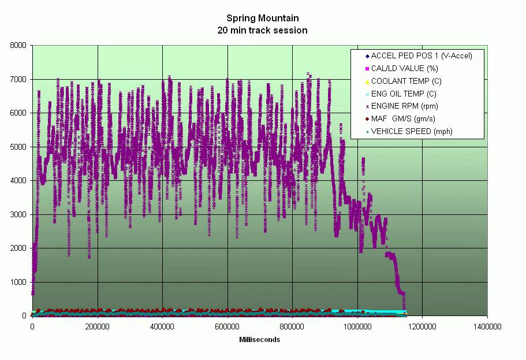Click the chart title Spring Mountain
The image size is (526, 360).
pyautogui.click(x=263, y=18)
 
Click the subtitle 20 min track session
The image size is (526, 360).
pyautogui.click(x=263, y=29)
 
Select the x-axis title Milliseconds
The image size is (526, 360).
pyautogui.click(x=260, y=340)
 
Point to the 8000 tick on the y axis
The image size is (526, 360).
pyautogui.click(x=19, y=46)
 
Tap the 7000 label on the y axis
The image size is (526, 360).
pyautogui.click(x=19, y=79)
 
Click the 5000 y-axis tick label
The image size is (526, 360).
pyautogui.click(x=19, y=147)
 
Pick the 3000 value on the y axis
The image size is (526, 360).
pyautogui.click(x=19, y=214)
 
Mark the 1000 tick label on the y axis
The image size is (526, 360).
pyautogui.click(x=19, y=282)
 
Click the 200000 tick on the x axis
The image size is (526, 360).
pyautogui.click(x=97, y=326)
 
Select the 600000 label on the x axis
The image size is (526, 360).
pyautogui.click(x=227, y=326)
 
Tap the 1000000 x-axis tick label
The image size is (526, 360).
pyautogui.click(x=357, y=326)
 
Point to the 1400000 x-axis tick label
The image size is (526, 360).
pyautogui.click(x=487, y=326)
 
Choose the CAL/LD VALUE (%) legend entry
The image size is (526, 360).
pyautogui.click(x=404, y=69)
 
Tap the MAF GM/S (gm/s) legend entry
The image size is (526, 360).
pyautogui.click(x=403, y=118)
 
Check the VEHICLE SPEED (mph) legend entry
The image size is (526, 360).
pyautogui.click(x=412, y=131)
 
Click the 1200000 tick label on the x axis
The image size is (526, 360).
pyautogui.click(x=422, y=326)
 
